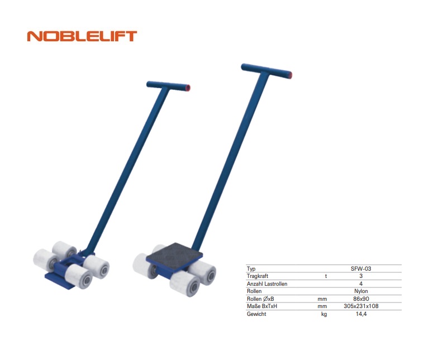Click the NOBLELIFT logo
[x=82, y=36]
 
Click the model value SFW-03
[x=361, y=268]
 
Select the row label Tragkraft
[x=258, y=276]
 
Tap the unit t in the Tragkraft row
[x=326, y=276]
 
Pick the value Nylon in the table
[x=361, y=291]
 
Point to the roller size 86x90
[x=361, y=299]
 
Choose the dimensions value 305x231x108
[x=361, y=306]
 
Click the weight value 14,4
[x=361, y=314]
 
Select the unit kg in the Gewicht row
[x=324, y=314]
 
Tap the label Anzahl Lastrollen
[x=266, y=284]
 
